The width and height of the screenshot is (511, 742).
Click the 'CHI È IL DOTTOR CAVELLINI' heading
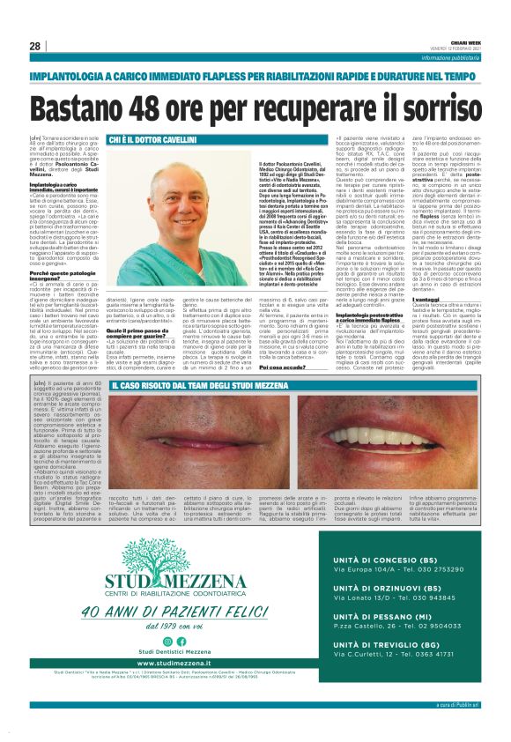click(157, 140)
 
